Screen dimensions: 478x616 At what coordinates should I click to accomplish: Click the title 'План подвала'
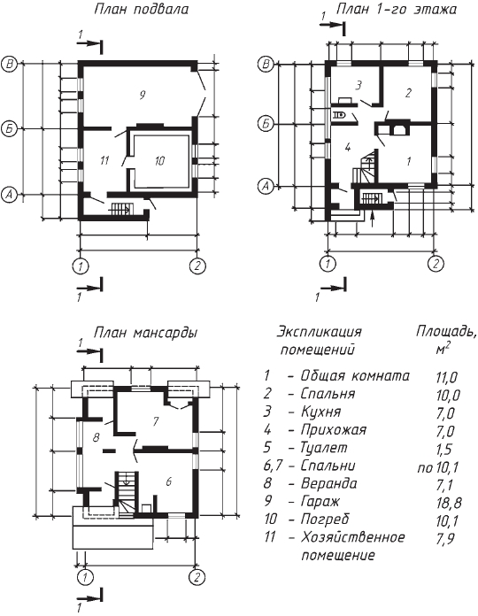coord(142,9)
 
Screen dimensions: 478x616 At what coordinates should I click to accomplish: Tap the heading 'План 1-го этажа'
coord(396,9)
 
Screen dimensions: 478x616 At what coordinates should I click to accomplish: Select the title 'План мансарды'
coord(145,333)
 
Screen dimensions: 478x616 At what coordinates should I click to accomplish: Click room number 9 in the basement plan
coord(143,95)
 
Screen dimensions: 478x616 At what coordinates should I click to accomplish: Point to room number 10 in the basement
coord(159,161)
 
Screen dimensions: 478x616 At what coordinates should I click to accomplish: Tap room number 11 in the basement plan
coord(104,160)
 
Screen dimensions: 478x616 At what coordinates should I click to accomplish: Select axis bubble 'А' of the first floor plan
coord(266,186)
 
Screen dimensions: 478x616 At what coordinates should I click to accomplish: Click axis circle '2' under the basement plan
coord(197,266)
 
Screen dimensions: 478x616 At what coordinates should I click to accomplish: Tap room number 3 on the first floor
coord(358,85)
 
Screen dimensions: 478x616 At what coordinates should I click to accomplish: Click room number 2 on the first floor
coord(408,93)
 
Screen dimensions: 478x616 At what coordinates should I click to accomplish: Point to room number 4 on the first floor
coord(347,147)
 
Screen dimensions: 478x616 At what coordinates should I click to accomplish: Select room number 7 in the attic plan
coord(156,421)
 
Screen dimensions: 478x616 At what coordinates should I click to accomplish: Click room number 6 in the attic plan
coord(168,481)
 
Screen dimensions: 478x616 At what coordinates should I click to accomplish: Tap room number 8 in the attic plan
coord(96,437)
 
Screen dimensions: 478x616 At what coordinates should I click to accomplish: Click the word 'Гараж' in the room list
coord(320,502)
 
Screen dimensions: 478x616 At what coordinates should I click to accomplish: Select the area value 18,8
coord(448,503)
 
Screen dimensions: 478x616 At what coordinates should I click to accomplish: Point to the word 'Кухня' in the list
coord(321,412)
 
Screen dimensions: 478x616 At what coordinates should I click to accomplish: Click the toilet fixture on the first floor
coord(339,115)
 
